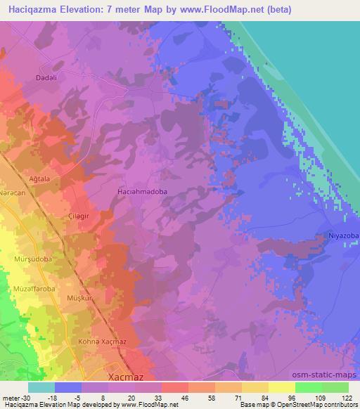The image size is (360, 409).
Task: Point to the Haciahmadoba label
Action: (141, 190)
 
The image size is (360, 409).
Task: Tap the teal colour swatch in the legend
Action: (42, 387)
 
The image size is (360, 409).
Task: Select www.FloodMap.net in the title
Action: (215, 10)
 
